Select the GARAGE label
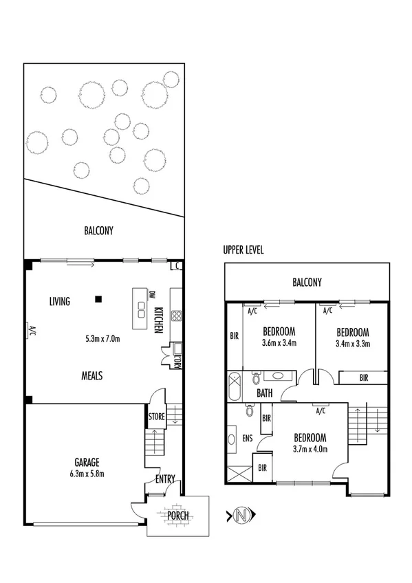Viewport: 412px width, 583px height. pyautogui.click(x=88, y=462)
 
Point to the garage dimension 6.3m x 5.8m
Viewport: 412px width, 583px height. pyautogui.click(x=88, y=474)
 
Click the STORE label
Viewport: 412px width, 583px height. pyautogui.click(x=156, y=416)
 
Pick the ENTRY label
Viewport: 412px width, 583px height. pyautogui.click(x=165, y=479)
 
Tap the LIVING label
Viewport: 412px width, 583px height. pyautogui.click(x=61, y=301)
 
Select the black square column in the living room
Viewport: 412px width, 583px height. pyautogui.click(x=99, y=299)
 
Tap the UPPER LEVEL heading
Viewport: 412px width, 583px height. pyautogui.click(x=243, y=250)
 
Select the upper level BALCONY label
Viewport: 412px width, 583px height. pyautogui.click(x=307, y=282)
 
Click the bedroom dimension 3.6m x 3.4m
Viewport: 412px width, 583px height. pyautogui.click(x=279, y=343)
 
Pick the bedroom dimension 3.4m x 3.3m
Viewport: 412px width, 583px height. pyautogui.click(x=352, y=343)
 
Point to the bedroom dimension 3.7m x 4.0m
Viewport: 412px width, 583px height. pyautogui.click(x=310, y=450)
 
